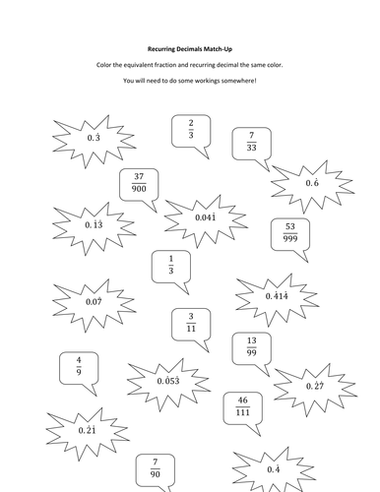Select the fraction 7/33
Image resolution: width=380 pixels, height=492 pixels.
252,143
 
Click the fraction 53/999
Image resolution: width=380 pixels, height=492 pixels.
316,230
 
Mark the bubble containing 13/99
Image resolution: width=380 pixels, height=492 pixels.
252,349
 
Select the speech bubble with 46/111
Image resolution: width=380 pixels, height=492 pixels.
242,406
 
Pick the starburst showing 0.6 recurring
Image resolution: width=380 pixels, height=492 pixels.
312,183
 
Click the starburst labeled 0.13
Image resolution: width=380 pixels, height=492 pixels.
95,224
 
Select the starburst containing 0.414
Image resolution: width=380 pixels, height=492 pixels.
277,294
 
